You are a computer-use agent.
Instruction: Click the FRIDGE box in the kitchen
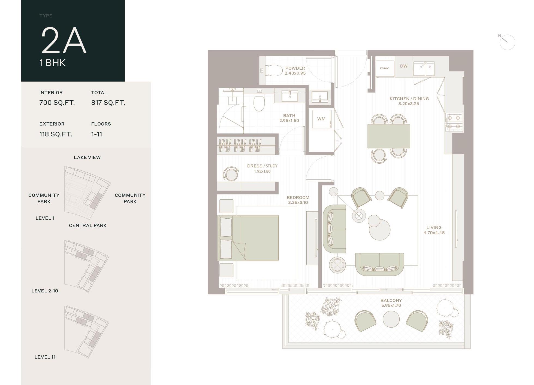click(x=385, y=68)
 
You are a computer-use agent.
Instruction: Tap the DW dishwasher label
click(x=404, y=66)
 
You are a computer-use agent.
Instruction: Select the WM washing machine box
click(x=321, y=119)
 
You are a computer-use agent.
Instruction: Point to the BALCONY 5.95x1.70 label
click(x=391, y=303)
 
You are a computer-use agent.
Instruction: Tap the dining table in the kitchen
click(x=389, y=136)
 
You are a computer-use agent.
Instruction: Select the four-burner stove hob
click(x=454, y=122)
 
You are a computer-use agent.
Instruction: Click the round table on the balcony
click(x=391, y=319)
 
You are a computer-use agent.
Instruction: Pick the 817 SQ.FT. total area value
click(x=108, y=103)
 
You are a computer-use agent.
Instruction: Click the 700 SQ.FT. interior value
click(x=57, y=103)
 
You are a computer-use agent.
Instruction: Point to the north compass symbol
click(x=507, y=42)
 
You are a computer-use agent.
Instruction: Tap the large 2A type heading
click(x=64, y=41)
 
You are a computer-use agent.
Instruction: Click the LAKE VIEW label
click(x=87, y=157)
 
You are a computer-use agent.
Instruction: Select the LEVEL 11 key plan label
click(x=45, y=357)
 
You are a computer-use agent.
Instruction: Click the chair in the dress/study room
click(x=231, y=174)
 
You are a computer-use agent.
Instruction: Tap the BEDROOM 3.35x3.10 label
click(x=298, y=200)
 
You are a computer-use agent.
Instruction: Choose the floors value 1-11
click(x=96, y=134)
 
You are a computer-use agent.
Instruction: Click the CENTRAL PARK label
click(x=88, y=225)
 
